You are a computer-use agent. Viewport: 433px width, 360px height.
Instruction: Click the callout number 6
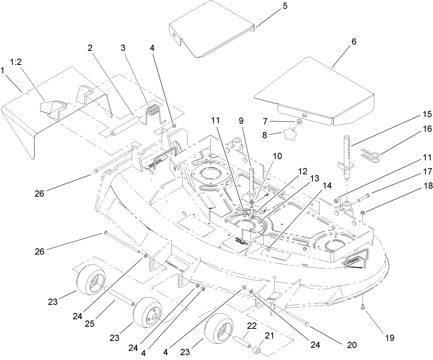354,42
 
